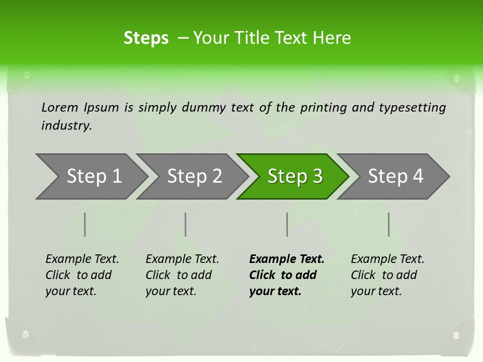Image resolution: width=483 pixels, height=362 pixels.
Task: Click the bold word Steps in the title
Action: click(x=146, y=38)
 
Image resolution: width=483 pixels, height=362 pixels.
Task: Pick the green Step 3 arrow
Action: click(x=295, y=176)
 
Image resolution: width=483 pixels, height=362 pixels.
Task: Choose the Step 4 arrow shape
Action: click(x=395, y=176)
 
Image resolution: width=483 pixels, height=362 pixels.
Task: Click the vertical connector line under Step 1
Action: click(x=85, y=224)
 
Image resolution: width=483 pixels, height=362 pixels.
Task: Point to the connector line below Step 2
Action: click(x=186, y=224)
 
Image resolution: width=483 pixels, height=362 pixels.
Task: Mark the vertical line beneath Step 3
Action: click(x=287, y=224)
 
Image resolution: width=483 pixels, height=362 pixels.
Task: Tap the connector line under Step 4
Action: click(x=389, y=224)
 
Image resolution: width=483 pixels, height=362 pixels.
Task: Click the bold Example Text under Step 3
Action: click(x=287, y=259)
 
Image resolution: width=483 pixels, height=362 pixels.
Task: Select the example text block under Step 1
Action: click(x=82, y=275)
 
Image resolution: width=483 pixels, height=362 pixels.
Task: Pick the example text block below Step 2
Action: click(x=182, y=275)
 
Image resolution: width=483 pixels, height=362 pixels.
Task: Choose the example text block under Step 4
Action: click(x=387, y=275)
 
